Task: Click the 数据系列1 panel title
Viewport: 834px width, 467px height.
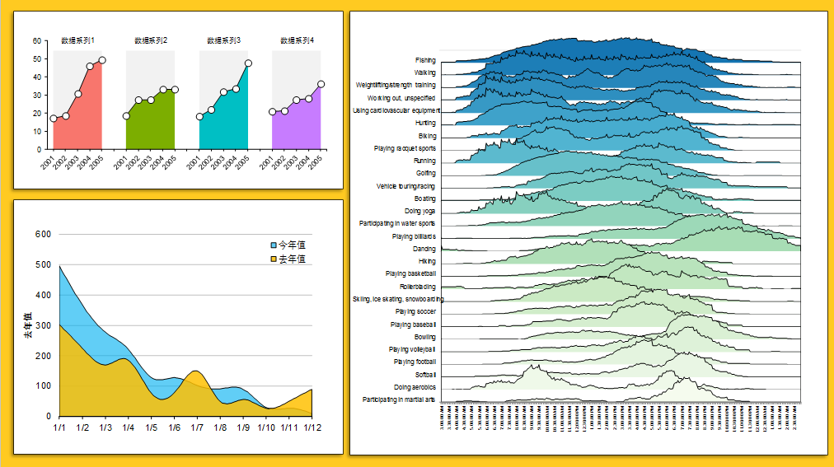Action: coord(77,40)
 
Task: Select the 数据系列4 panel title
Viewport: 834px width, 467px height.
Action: coord(297,40)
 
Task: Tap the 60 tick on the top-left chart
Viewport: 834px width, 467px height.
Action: coord(37,40)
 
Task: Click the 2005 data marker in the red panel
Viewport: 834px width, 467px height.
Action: coord(102,60)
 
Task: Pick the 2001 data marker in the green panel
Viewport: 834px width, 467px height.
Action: coord(126,116)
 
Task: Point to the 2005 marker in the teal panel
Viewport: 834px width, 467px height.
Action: coord(248,63)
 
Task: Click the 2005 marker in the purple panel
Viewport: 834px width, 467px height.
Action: coord(321,84)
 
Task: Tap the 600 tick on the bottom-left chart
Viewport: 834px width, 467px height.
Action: coord(43,235)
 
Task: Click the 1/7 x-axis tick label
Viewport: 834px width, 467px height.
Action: coord(197,428)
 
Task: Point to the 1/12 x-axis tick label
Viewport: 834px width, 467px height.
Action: coord(311,428)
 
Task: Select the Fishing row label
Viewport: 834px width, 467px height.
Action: coord(425,60)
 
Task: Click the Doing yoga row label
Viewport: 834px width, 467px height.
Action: coord(420,211)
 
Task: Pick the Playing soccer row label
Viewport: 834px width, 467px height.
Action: coord(415,312)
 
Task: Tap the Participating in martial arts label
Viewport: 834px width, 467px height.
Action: coord(399,399)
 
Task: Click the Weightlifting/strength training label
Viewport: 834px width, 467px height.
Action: coord(396,85)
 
